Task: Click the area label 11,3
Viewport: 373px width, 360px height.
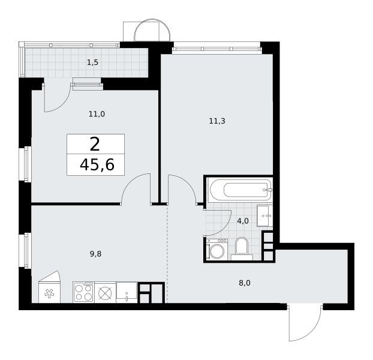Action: click(x=217, y=121)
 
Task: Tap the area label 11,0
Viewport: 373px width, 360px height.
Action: click(x=97, y=114)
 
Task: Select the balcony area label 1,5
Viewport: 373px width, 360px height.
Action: click(x=92, y=62)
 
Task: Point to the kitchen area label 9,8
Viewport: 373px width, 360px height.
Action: click(x=95, y=254)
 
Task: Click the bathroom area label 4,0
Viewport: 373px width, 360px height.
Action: click(x=243, y=221)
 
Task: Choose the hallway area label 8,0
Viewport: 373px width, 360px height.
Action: click(x=245, y=283)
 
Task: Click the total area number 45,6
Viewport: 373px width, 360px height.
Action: click(x=97, y=165)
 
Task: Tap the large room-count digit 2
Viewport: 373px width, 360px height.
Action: click(x=95, y=145)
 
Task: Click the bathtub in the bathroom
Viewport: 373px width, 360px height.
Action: click(x=240, y=190)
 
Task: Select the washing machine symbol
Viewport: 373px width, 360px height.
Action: click(x=217, y=250)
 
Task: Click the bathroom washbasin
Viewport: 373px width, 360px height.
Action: click(x=264, y=216)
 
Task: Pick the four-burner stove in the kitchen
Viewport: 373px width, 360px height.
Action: click(x=83, y=292)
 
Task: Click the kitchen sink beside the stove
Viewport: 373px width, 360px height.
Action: click(x=127, y=292)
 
